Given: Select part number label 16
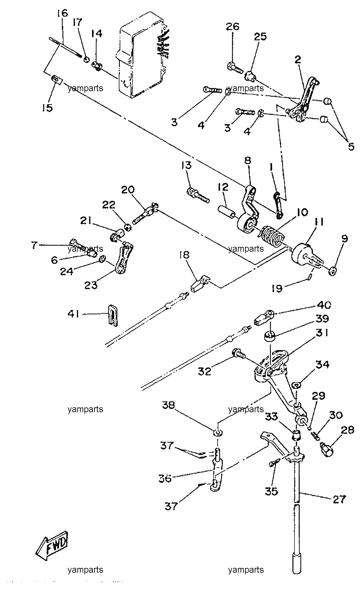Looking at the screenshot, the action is tap(63, 13).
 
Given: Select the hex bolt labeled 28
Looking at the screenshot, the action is tap(326, 448).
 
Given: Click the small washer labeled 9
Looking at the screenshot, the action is tap(332, 271).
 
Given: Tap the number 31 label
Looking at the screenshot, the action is tap(321, 333).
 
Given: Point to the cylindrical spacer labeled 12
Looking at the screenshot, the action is tap(226, 213).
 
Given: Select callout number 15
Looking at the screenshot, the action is tap(47, 108).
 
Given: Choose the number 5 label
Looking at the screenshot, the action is tap(351, 147).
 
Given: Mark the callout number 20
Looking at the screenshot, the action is tap(128, 190).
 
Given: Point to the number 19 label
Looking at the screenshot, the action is tap(277, 288).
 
